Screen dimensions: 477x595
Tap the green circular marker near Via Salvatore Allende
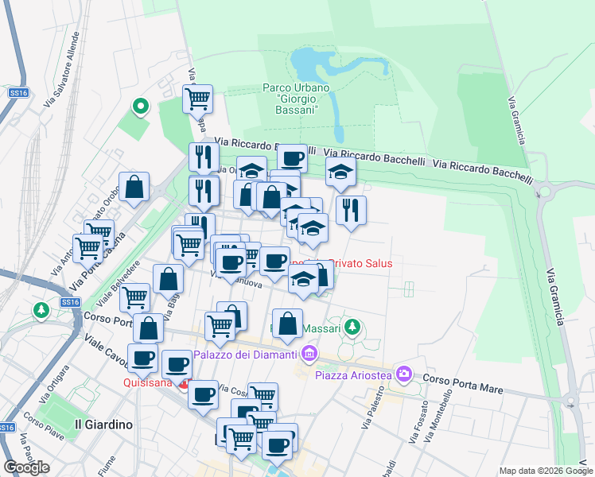click(140, 106)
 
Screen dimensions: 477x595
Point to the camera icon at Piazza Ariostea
click(404, 373)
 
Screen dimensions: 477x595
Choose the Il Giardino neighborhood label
click(103, 424)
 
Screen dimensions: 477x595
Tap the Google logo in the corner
click(26, 467)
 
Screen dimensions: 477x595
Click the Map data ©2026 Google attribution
click(546, 471)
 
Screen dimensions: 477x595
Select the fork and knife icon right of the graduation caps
click(351, 211)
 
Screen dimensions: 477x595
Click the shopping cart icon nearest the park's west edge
click(196, 99)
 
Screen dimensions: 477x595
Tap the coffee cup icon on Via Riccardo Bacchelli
click(292, 157)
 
